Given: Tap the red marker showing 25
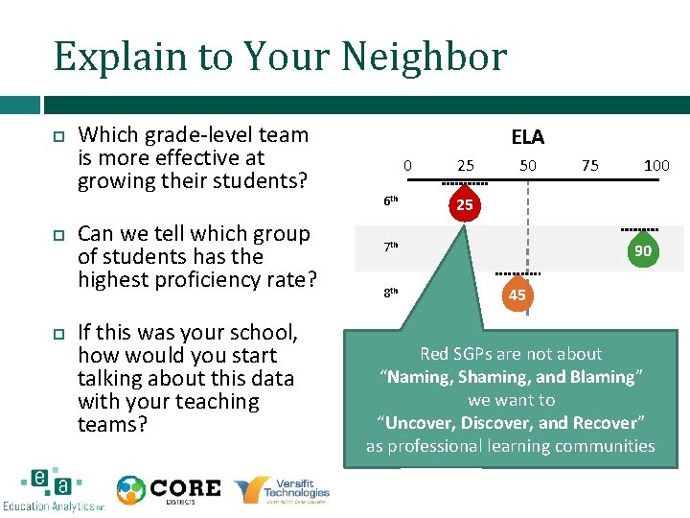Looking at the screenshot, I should click(x=464, y=205).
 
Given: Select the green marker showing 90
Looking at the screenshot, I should click(x=642, y=250).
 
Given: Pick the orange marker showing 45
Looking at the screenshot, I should click(x=517, y=294).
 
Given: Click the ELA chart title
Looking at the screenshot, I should click(x=527, y=138).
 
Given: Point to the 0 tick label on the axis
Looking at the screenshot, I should click(x=407, y=166).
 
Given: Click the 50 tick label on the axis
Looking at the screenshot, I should click(x=527, y=166).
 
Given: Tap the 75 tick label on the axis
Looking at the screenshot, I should click(x=590, y=166).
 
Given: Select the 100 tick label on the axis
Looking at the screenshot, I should click(x=656, y=166).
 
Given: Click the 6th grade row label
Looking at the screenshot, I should click(x=391, y=201).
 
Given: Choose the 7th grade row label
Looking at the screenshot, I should click(x=391, y=247).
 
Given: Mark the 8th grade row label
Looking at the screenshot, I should click(x=391, y=292).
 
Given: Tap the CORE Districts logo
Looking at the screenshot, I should click(x=169, y=489).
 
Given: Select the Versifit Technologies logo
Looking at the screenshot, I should click(x=283, y=489).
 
